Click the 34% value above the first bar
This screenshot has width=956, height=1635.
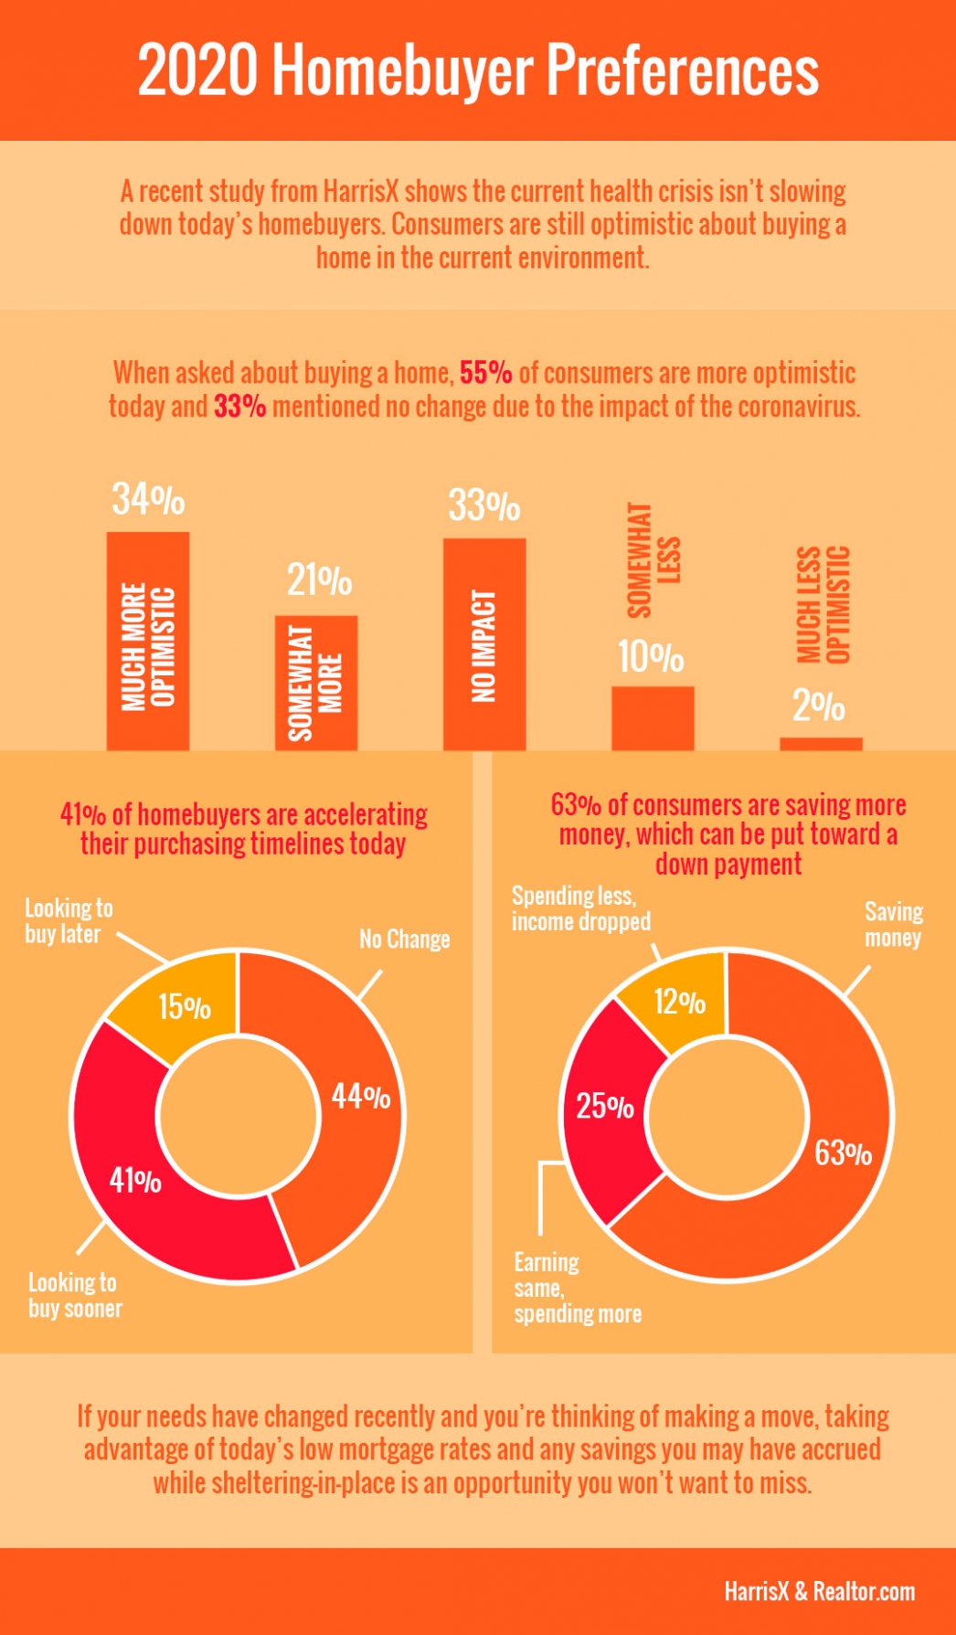click(x=148, y=500)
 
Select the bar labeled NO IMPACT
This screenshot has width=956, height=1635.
click(x=484, y=644)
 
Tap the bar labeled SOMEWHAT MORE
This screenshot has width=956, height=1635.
click(x=316, y=684)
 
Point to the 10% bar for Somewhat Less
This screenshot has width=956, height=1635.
click(x=653, y=718)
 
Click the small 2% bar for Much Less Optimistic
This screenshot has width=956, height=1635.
click(x=821, y=744)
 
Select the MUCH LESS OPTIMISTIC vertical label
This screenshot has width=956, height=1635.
click(x=823, y=604)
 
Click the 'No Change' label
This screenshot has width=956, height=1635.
click(x=404, y=940)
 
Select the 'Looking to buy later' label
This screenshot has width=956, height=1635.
click(x=68, y=921)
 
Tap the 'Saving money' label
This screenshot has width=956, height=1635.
click(x=893, y=925)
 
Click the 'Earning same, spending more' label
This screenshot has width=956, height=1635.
click(x=576, y=1289)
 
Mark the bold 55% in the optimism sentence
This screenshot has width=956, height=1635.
click(x=485, y=373)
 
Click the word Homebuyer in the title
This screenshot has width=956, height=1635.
click(x=402, y=71)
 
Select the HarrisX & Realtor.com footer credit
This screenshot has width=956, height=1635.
click(x=819, y=1591)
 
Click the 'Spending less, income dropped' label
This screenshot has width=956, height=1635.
click(x=580, y=908)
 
